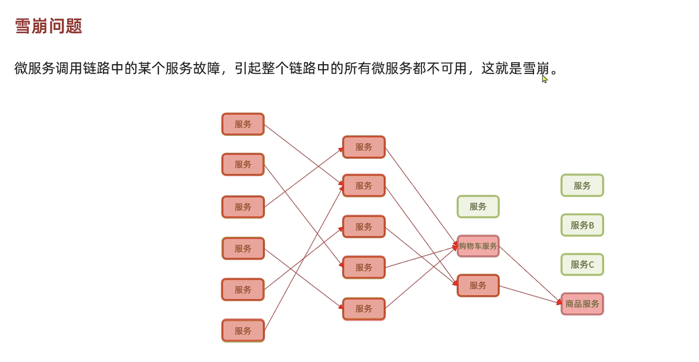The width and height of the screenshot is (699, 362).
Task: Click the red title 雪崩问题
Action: (x=48, y=26)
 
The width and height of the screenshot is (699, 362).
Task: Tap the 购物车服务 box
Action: (x=478, y=246)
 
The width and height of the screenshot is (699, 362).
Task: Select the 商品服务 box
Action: (x=582, y=304)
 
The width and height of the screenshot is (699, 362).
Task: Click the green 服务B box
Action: (x=582, y=225)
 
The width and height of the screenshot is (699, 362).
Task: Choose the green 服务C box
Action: (x=582, y=264)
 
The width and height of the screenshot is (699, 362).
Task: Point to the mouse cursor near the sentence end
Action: (x=544, y=79)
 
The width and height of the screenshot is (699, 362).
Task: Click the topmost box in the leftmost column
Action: (x=243, y=124)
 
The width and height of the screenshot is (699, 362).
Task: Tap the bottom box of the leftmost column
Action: (x=243, y=331)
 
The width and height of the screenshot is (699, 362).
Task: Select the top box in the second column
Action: (x=364, y=147)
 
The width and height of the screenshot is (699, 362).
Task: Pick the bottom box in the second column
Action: (x=364, y=309)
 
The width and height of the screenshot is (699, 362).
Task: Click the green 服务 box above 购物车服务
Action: (x=478, y=207)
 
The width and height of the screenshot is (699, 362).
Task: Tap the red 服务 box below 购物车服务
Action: (x=478, y=285)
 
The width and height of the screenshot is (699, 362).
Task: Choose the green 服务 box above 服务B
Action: (x=582, y=186)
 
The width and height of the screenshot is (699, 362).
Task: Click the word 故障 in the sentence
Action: (x=206, y=68)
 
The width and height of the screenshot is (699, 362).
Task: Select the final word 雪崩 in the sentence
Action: (x=536, y=68)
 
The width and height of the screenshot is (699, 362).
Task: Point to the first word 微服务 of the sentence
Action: (x=35, y=68)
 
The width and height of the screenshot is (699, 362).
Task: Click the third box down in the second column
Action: (x=364, y=227)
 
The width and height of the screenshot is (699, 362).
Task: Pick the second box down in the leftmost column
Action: (x=243, y=164)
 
